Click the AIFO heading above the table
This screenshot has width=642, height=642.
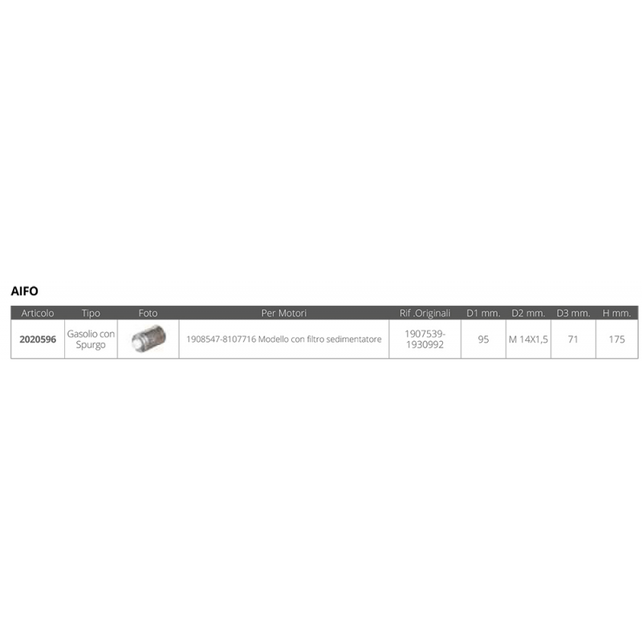point(25,291)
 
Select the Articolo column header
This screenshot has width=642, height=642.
point(38,313)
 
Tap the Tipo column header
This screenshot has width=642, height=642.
point(91,313)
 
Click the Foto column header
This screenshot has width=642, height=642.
point(148,313)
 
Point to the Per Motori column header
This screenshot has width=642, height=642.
point(284,313)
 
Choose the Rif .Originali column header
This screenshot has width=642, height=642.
point(425,313)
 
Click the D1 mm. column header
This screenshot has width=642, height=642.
point(484,313)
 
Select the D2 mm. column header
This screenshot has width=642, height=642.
point(529,313)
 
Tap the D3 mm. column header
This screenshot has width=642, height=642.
point(574,313)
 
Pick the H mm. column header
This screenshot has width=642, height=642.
point(617,313)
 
